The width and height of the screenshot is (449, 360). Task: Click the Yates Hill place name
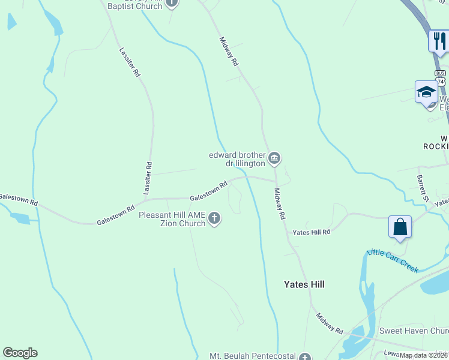pyautogui.click(x=304, y=284)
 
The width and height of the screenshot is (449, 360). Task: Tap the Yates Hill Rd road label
pyautogui.click(x=311, y=232)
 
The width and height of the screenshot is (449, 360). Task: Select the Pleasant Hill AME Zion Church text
pyautogui.click(x=172, y=219)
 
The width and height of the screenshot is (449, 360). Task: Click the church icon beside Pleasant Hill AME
pyautogui.click(x=214, y=220)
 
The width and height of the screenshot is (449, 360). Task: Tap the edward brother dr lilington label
pyautogui.click(x=237, y=158)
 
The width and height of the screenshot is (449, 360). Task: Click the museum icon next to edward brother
pyautogui.click(x=275, y=158)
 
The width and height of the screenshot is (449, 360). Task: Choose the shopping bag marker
pyautogui.click(x=400, y=227)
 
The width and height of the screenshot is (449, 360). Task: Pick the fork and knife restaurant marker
pyautogui.click(x=439, y=41)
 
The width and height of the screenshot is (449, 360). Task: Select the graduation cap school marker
pyautogui.click(x=426, y=92)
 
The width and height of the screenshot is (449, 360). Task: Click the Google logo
pyautogui.click(x=20, y=353)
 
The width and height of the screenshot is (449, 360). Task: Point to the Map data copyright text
pyautogui.click(x=424, y=355)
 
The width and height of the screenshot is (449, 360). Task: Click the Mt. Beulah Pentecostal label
pyautogui.click(x=252, y=356)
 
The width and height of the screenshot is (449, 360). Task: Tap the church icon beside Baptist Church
pyautogui.click(x=172, y=4)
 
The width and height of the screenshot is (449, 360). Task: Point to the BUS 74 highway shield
pyautogui.click(x=441, y=78)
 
